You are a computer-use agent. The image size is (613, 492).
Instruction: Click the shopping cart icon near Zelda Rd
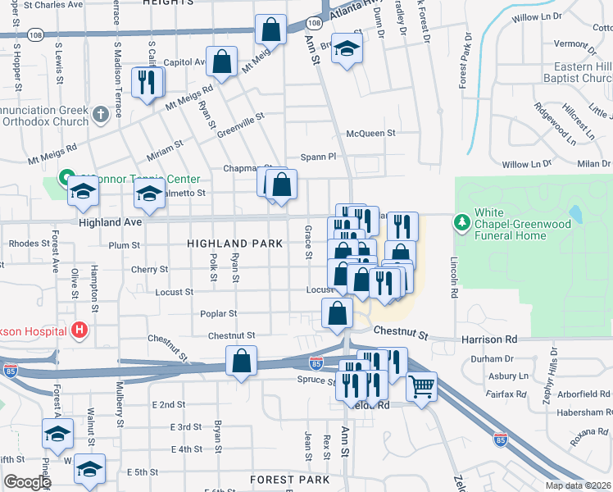[x=421, y=386]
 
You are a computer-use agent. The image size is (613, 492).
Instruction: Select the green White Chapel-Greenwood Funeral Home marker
[x=462, y=222]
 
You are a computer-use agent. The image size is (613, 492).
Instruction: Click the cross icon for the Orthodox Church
[x=100, y=113]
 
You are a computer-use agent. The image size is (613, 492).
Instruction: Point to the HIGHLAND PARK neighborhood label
[x=234, y=244]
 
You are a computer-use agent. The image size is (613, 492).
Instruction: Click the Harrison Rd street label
[x=499, y=338]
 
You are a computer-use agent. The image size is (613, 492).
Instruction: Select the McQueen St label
[x=370, y=133]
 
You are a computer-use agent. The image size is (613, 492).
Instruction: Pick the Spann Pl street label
[x=319, y=156]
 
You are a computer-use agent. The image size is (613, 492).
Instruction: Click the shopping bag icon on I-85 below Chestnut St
[x=242, y=360]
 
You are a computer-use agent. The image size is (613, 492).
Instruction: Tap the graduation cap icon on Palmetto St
[x=149, y=194]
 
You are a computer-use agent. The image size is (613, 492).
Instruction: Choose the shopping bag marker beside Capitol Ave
[x=221, y=61]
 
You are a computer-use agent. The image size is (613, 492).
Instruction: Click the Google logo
[x=27, y=482]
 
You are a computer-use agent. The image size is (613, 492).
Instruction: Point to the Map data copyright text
[x=578, y=485]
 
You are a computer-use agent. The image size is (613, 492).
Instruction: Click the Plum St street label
[x=125, y=245]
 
